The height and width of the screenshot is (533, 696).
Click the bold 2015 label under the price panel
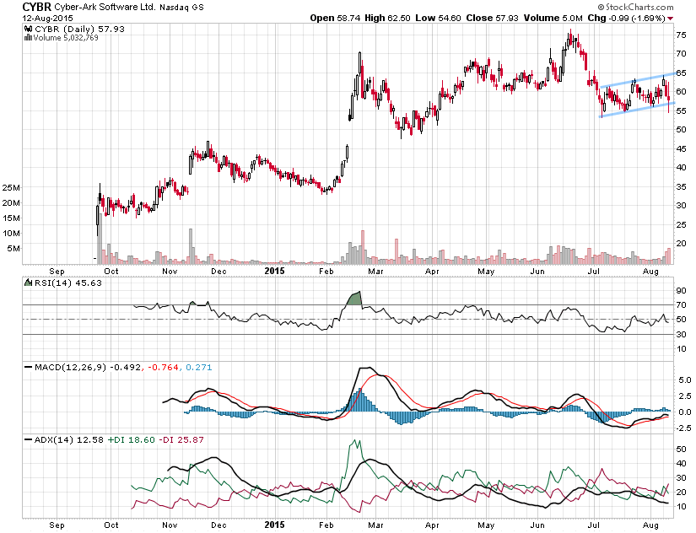tap(274, 272)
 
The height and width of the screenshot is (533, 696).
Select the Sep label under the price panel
tap(57, 272)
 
